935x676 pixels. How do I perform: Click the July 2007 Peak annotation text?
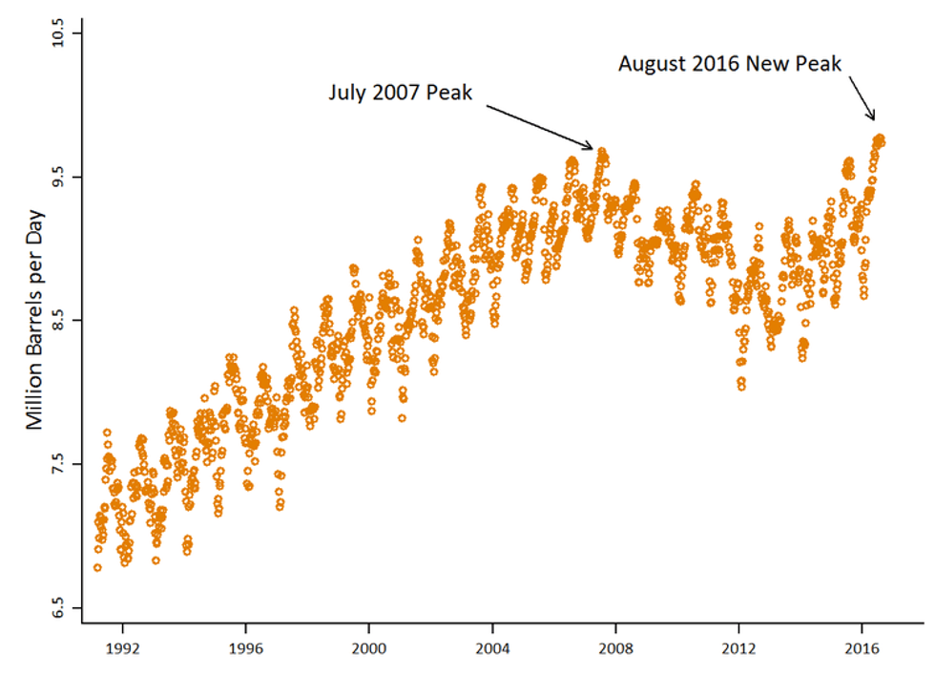coord(401,93)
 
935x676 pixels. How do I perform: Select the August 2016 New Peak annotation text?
coord(730,64)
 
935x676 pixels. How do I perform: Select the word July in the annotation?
coord(346,94)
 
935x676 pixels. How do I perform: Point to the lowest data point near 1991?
coord(97,567)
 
